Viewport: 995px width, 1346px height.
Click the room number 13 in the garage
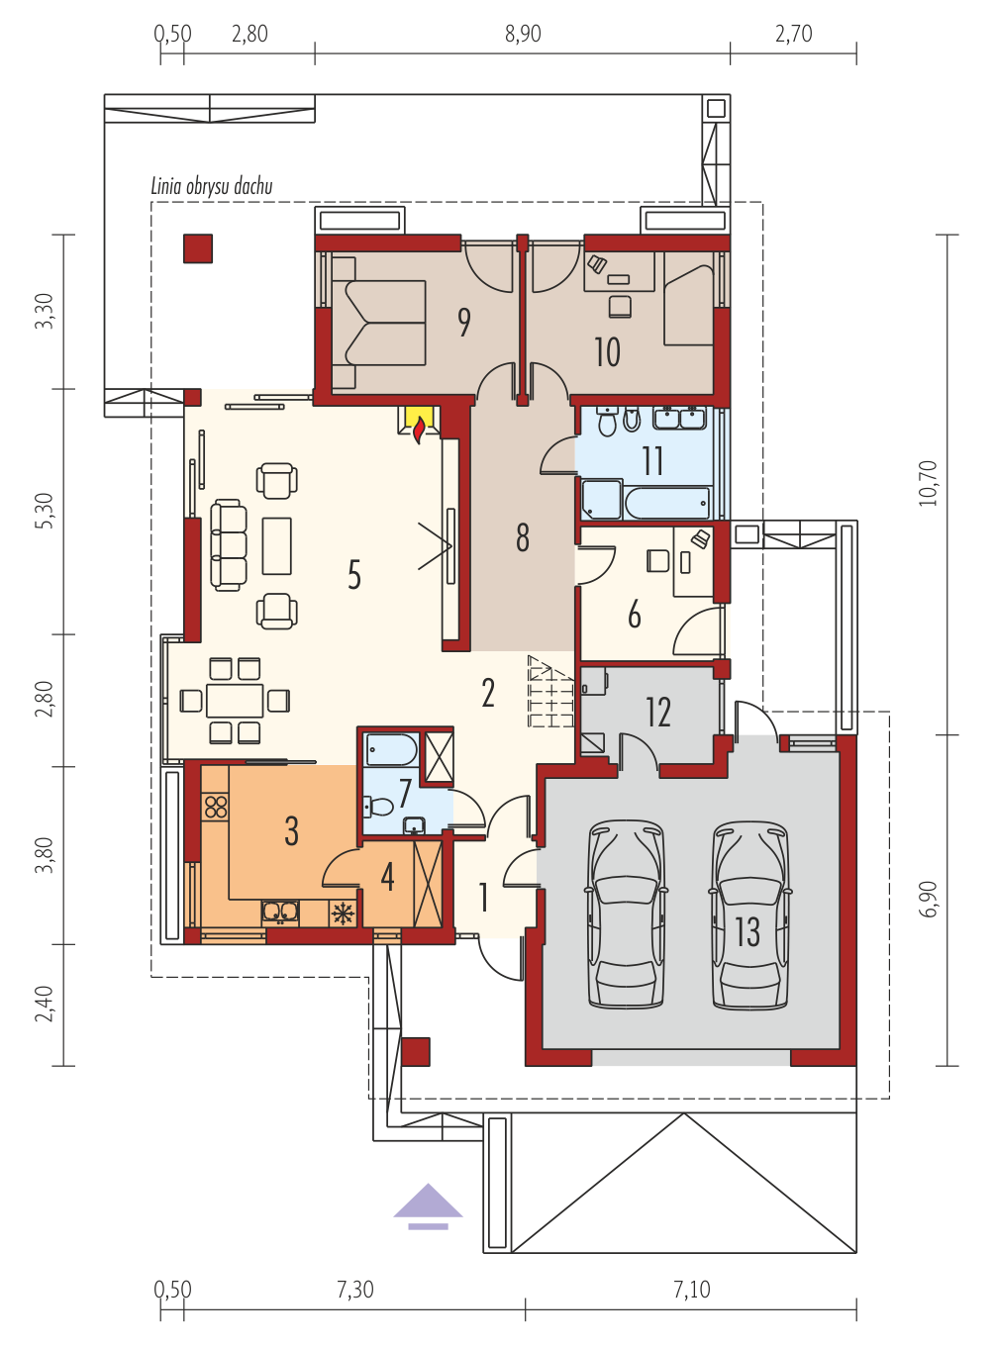[x=747, y=931]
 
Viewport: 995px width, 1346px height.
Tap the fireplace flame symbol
[x=419, y=433]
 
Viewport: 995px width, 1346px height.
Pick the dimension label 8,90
[x=523, y=34]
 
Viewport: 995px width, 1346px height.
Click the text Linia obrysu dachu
[x=211, y=186]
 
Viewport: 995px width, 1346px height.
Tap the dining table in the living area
[x=235, y=701]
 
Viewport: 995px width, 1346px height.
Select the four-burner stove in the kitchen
[x=216, y=808]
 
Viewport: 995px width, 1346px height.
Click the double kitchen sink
[x=280, y=912]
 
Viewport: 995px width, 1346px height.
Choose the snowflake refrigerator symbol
[x=343, y=913]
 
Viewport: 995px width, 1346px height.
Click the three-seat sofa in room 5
[x=229, y=545]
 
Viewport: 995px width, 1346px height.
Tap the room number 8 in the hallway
[x=522, y=537]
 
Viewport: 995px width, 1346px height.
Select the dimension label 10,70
[x=929, y=484]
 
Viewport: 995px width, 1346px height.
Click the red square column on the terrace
[x=198, y=248]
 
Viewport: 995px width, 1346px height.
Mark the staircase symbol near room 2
[x=550, y=691]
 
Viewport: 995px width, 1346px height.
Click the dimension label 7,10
[x=691, y=1290]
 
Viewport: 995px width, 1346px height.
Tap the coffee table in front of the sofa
[x=277, y=545]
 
